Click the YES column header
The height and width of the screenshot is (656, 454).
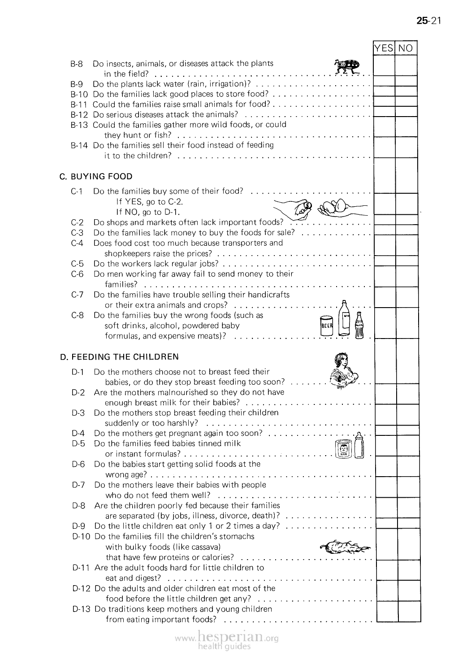pos(384,48)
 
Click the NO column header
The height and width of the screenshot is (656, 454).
pos(406,48)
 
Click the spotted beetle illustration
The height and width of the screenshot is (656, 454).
pos(348,66)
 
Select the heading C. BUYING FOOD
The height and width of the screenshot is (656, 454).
pos(96,176)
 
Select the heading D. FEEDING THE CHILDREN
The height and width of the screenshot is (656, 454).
pos(119,357)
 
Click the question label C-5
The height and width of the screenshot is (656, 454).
pos(77,264)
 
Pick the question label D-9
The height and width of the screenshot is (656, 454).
pos(78,526)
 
